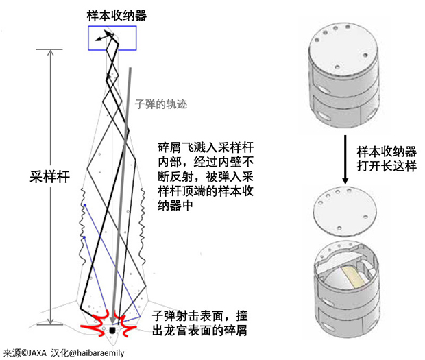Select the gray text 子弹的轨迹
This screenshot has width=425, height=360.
point(160,105)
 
